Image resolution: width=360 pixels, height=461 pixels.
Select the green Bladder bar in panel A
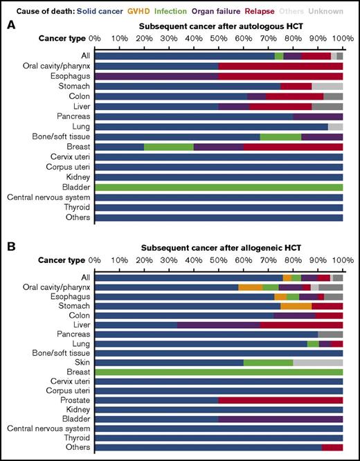coord(219,187)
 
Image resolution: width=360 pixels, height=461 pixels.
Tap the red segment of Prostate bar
coord(280,400)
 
